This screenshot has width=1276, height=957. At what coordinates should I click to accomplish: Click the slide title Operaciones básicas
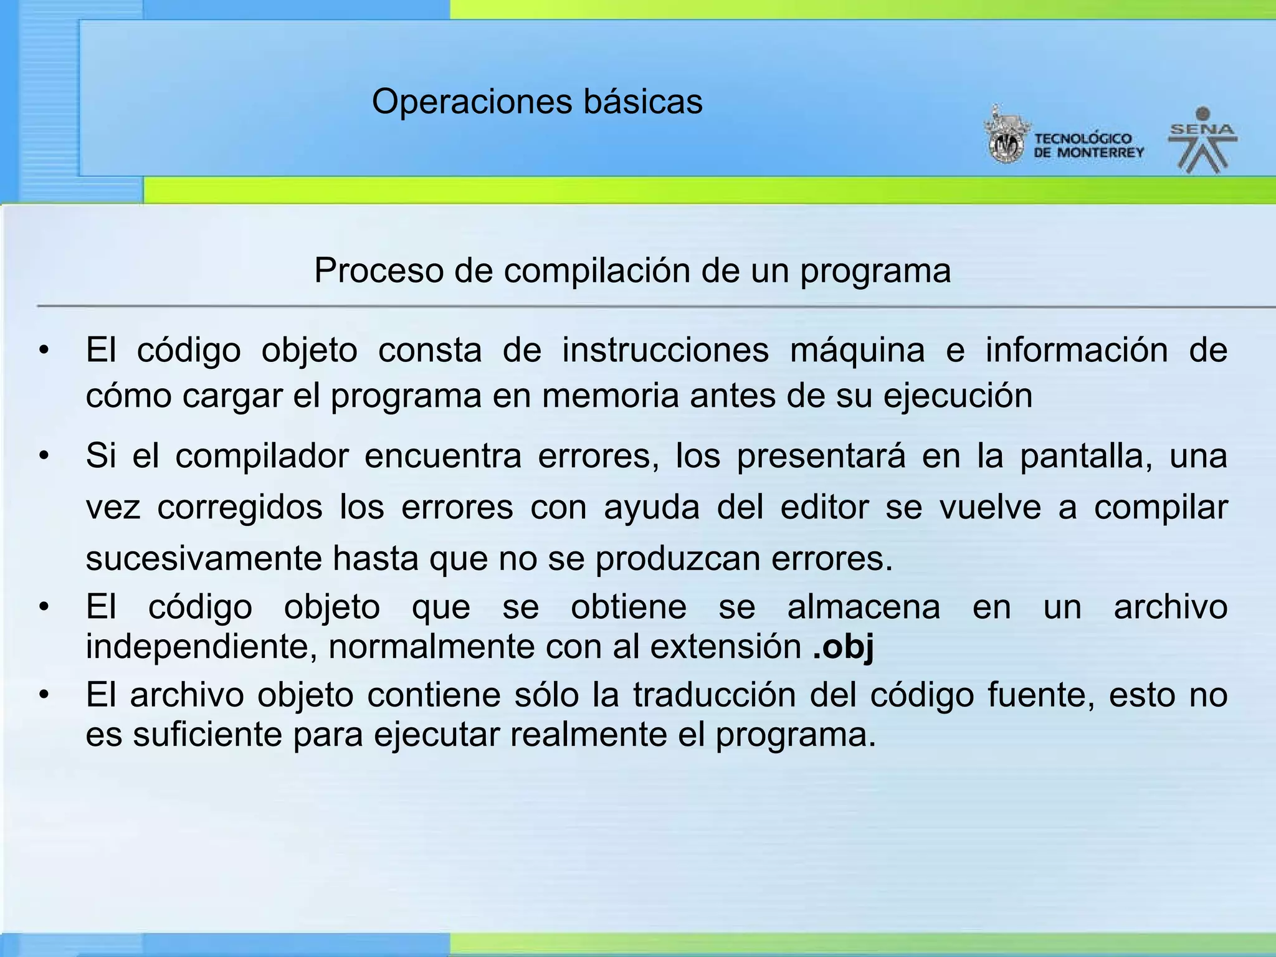[537, 102]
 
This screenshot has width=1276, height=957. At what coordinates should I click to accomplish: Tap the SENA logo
[1202, 141]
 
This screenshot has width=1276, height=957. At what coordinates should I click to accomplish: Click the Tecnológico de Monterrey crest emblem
[1006, 136]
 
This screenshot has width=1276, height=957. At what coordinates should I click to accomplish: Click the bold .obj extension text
[843, 647]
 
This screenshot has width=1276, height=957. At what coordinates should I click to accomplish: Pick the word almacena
[863, 607]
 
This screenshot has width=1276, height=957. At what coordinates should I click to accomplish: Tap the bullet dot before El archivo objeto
[43, 695]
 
